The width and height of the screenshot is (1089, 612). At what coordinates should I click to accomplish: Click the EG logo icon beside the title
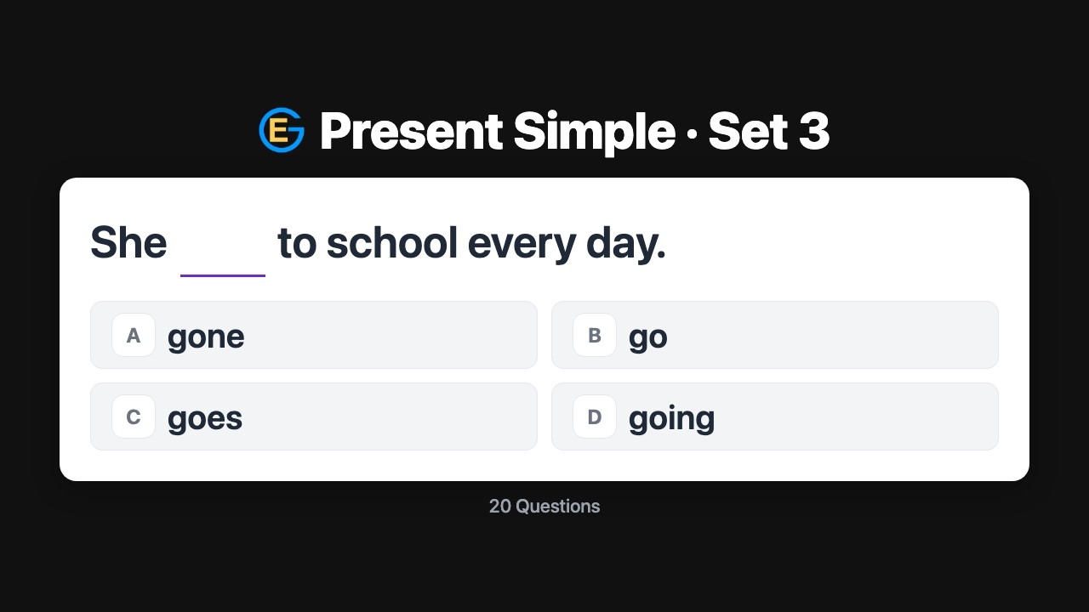coord(282,131)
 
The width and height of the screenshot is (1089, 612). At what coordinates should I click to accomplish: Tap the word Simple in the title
coord(594,132)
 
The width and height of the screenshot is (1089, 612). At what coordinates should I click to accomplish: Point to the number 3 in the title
coord(813,132)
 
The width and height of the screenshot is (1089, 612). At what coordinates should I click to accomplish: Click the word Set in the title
coord(747,132)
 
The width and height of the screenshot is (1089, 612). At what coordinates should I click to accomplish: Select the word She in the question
coord(128,243)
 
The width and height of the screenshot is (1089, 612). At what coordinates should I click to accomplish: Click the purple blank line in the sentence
coord(223,274)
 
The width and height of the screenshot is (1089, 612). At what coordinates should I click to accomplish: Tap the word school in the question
coord(392,243)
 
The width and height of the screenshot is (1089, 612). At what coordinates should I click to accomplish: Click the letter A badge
coord(134,335)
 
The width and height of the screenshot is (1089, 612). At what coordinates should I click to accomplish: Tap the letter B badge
coord(595,335)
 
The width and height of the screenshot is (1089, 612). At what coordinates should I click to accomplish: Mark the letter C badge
coord(134,416)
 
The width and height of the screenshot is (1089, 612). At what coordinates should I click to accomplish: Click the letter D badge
coord(595,416)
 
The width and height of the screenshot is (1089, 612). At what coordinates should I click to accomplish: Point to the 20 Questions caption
coord(544,506)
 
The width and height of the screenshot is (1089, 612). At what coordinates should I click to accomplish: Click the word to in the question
coord(297,243)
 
